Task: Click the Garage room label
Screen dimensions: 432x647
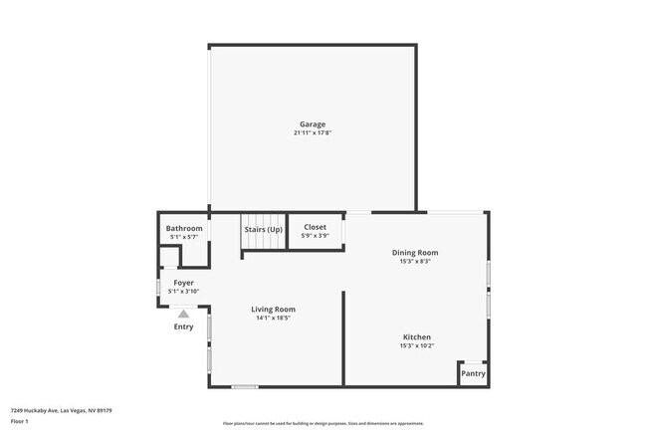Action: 312,124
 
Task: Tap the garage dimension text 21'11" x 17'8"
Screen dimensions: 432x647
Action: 312,133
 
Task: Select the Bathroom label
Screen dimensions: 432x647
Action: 184,229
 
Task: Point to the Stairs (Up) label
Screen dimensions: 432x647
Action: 264,230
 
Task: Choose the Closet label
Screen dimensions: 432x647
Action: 315,228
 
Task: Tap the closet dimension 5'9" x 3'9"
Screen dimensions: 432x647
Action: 315,237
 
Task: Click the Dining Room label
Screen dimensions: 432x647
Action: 414,253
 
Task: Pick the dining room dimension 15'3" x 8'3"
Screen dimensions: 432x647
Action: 414,262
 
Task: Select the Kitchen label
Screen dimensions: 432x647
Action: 417,336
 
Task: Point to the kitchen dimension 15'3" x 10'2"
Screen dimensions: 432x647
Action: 417,345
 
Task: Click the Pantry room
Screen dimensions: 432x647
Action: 473,373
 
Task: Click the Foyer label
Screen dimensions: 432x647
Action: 184,283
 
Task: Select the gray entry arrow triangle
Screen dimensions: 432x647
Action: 183,314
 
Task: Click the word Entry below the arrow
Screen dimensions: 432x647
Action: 184,326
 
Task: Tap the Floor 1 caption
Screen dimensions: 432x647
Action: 20,421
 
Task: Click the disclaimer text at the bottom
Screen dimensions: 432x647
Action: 323,423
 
